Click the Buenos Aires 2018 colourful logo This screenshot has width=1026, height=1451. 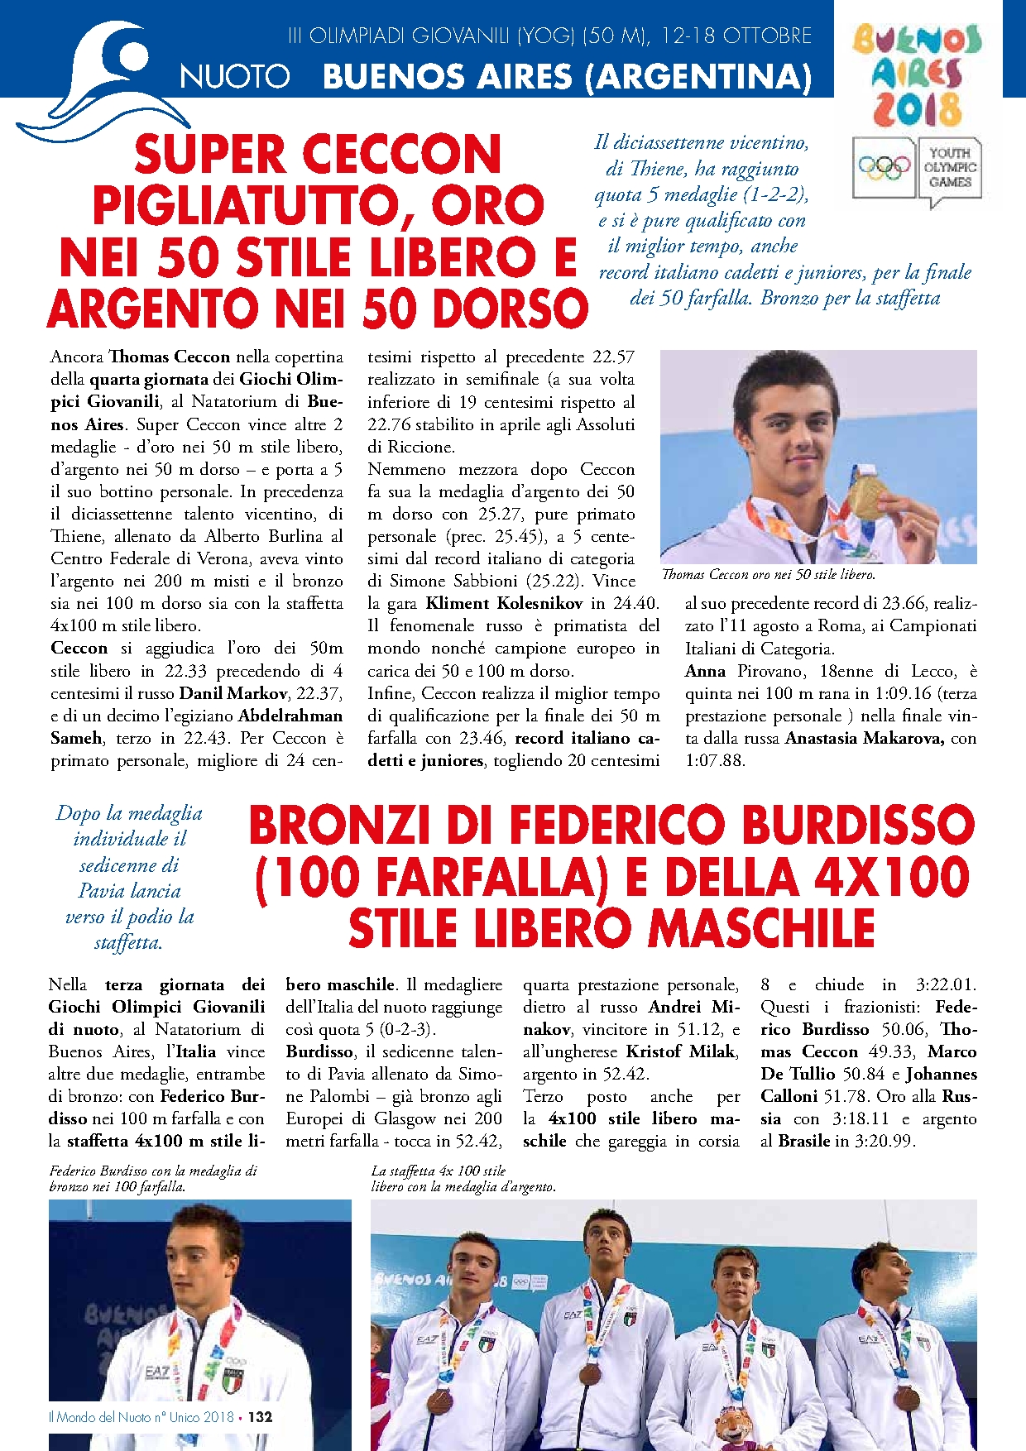pyautogui.click(x=916, y=74)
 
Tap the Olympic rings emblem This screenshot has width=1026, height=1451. pyautogui.click(x=884, y=168)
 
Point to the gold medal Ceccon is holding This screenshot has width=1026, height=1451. pyautogui.click(x=865, y=493)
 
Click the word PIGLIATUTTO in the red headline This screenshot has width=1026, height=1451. pyautogui.click(x=318, y=206)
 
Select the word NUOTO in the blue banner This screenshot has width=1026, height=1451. pyautogui.click(x=235, y=77)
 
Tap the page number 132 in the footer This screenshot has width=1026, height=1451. pyautogui.click(x=261, y=1416)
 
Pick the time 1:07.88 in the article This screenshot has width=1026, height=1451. pyautogui.click(x=715, y=760)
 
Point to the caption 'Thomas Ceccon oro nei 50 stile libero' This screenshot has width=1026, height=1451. pyautogui.click(x=768, y=574)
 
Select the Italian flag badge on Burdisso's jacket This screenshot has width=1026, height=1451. pyautogui.click(x=233, y=1378)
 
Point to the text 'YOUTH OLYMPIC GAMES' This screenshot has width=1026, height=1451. pyautogui.click(x=950, y=167)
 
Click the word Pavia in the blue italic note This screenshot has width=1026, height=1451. pyautogui.click(x=102, y=891)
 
